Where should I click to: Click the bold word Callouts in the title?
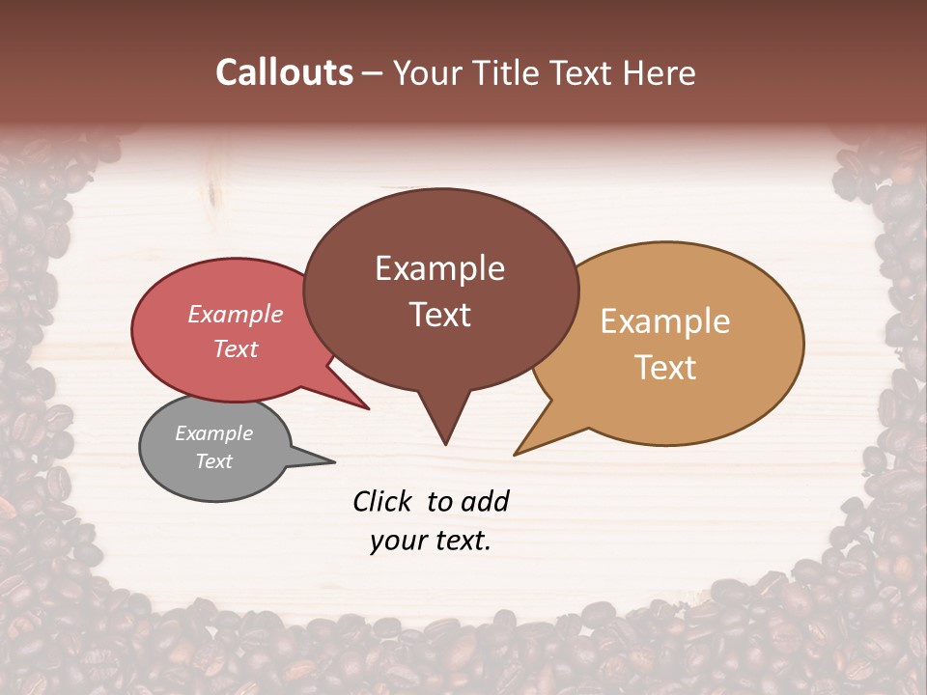coord(284,72)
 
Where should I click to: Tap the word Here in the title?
coord(661,72)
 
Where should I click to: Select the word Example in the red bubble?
coord(236,314)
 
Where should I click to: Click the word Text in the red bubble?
coord(236,348)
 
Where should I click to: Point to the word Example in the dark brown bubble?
coord(439,268)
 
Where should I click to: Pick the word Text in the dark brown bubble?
coord(439,315)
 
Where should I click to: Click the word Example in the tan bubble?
coord(665,321)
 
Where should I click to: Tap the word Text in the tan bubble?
coord(665,368)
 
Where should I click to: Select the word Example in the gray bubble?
coord(214,433)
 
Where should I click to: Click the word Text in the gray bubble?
coord(214,461)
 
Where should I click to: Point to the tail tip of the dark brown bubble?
coord(445,442)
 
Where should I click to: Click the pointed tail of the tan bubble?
coord(519,452)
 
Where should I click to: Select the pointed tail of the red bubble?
coord(365,407)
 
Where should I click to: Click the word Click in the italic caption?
coord(382,501)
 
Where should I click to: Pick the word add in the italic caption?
coord(485,501)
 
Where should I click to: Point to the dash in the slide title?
coord(373,73)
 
